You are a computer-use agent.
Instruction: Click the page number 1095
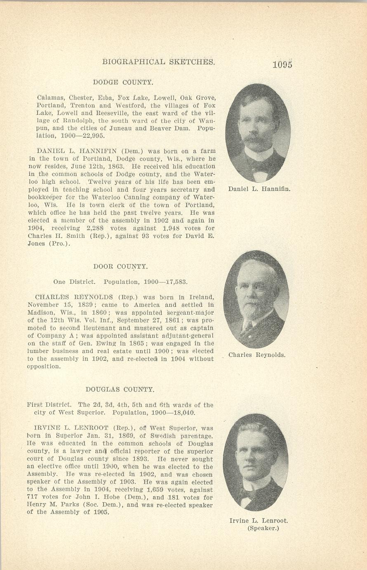(x=282, y=65)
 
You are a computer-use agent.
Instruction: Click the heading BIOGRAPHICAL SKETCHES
(x=159, y=62)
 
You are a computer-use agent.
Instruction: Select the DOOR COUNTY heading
(x=120, y=267)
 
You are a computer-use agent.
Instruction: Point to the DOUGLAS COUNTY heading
(x=120, y=389)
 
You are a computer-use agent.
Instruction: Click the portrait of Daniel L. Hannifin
(x=258, y=133)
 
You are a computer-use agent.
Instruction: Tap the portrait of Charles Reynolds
(x=256, y=299)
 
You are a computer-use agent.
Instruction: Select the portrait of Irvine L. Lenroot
(x=256, y=462)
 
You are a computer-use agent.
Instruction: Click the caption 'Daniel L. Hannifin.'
(x=259, y=190)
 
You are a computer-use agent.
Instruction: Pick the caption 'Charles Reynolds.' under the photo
(x=256, y=355)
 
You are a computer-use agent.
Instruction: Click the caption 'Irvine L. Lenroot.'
(x=259, y=521)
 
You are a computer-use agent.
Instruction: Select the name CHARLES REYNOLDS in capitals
(x=74, y=297)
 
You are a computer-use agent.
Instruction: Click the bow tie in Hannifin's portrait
(x=259, y=166)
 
